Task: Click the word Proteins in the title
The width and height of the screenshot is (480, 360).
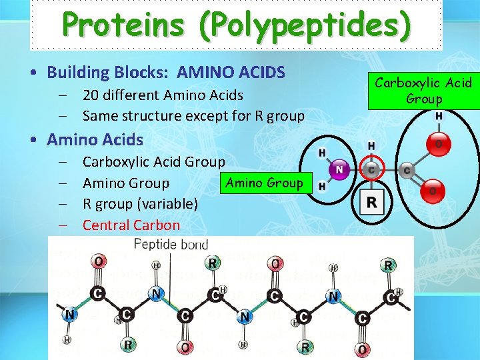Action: coord(119,25)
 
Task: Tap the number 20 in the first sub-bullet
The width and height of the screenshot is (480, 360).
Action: coord(91,95)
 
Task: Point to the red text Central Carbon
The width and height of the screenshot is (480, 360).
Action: coord(131,225)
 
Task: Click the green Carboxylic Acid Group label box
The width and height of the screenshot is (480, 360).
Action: coord(424,91)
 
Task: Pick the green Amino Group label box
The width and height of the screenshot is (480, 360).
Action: coord(264,183)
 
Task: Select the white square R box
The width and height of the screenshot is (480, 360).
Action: coord(371,201)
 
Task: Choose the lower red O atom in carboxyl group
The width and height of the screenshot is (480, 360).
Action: coord(433,191)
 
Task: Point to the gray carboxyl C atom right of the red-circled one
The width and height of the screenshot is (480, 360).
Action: coord(407,171)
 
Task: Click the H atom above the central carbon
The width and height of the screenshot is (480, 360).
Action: coord(371,145)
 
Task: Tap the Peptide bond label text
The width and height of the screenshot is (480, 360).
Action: coord(171,244)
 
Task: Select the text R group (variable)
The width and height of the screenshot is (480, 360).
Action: coord(140,203)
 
